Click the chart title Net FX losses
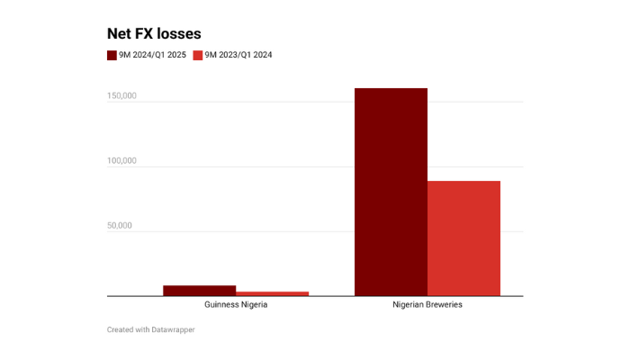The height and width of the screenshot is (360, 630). pos(154,33)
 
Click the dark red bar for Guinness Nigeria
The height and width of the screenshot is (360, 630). pos(199,290)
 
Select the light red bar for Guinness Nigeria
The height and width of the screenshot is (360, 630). pos(272,293)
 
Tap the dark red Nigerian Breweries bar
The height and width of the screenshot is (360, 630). pos(391,192)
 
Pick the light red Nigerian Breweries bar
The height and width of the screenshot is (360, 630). pos(463,238)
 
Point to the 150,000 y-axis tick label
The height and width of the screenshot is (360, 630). pos(121,96)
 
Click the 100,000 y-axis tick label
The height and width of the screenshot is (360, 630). pos(121,161)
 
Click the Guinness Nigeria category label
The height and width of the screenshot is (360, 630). pos(236,305)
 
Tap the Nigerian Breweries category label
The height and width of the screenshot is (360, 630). pos(427,305)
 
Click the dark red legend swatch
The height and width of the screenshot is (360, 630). pos(112,55)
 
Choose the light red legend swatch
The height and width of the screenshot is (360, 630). pos(198,55)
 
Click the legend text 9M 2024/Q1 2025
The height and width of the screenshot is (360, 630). pos(152,55)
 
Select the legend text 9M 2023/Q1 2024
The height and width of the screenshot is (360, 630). pos(238,55)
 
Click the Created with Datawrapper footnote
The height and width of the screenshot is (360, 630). pos(151,329)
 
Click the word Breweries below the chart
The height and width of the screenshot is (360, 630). pos(443,305)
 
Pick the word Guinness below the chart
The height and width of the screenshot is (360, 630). pos(221,305)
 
